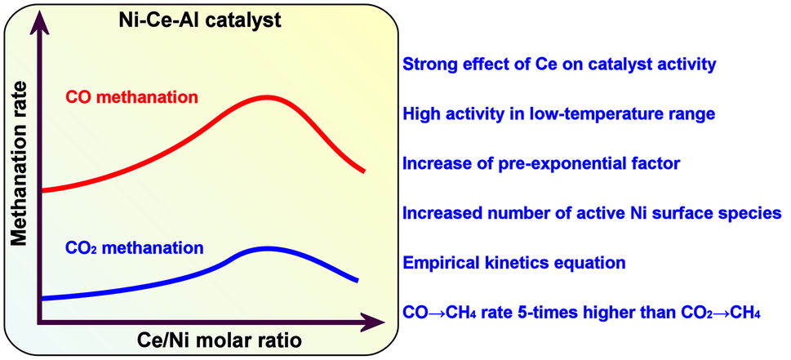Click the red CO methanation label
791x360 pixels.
click(131, 98)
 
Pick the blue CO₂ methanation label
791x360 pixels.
click(135, 247)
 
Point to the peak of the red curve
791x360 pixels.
click(266, 97)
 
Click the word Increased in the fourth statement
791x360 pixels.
click(440, 213)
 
